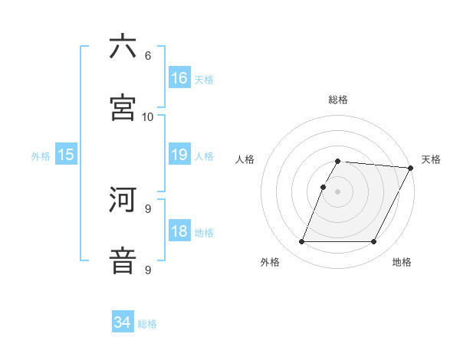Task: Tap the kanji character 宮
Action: click(123, 107)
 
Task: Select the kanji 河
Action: click(123, 201)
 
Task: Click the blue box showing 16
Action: click(179, 77)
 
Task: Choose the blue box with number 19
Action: click(179, 155)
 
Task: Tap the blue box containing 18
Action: click(179, 232)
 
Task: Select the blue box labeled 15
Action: click(66, 155)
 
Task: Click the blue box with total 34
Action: click(123, 322)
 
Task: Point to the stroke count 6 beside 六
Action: click(147, 55)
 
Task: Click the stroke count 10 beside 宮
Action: click(147, 116)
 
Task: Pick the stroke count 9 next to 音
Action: click(147, 270)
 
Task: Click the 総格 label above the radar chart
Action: click(337, 100)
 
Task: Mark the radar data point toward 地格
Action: click(373, 242)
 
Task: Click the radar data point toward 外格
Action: click(301, 242)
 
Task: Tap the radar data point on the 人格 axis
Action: click(323, 187)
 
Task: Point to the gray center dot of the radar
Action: click(337, 191)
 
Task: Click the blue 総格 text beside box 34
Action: click(147, 324)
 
